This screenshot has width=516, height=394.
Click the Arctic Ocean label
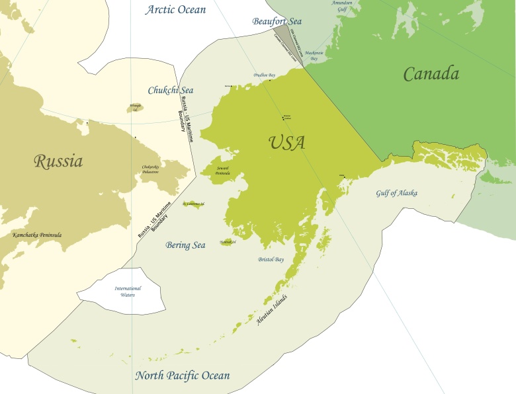point(176,10)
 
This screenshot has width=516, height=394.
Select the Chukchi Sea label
point(170,90)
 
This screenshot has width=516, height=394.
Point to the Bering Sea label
point(185,245)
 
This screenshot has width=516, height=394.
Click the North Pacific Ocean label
point(183,376)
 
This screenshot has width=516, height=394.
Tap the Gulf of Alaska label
point(397,193)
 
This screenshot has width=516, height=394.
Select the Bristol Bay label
point(271,260)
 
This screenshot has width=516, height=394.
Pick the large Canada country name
point(431,74)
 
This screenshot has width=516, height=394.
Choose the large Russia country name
point(58,161)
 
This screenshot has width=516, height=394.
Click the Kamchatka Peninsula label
point(37,235)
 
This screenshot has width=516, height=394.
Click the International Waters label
point(128,292)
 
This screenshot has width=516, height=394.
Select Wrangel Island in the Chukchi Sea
point(135,106)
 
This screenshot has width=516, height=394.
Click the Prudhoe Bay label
point(265,75)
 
